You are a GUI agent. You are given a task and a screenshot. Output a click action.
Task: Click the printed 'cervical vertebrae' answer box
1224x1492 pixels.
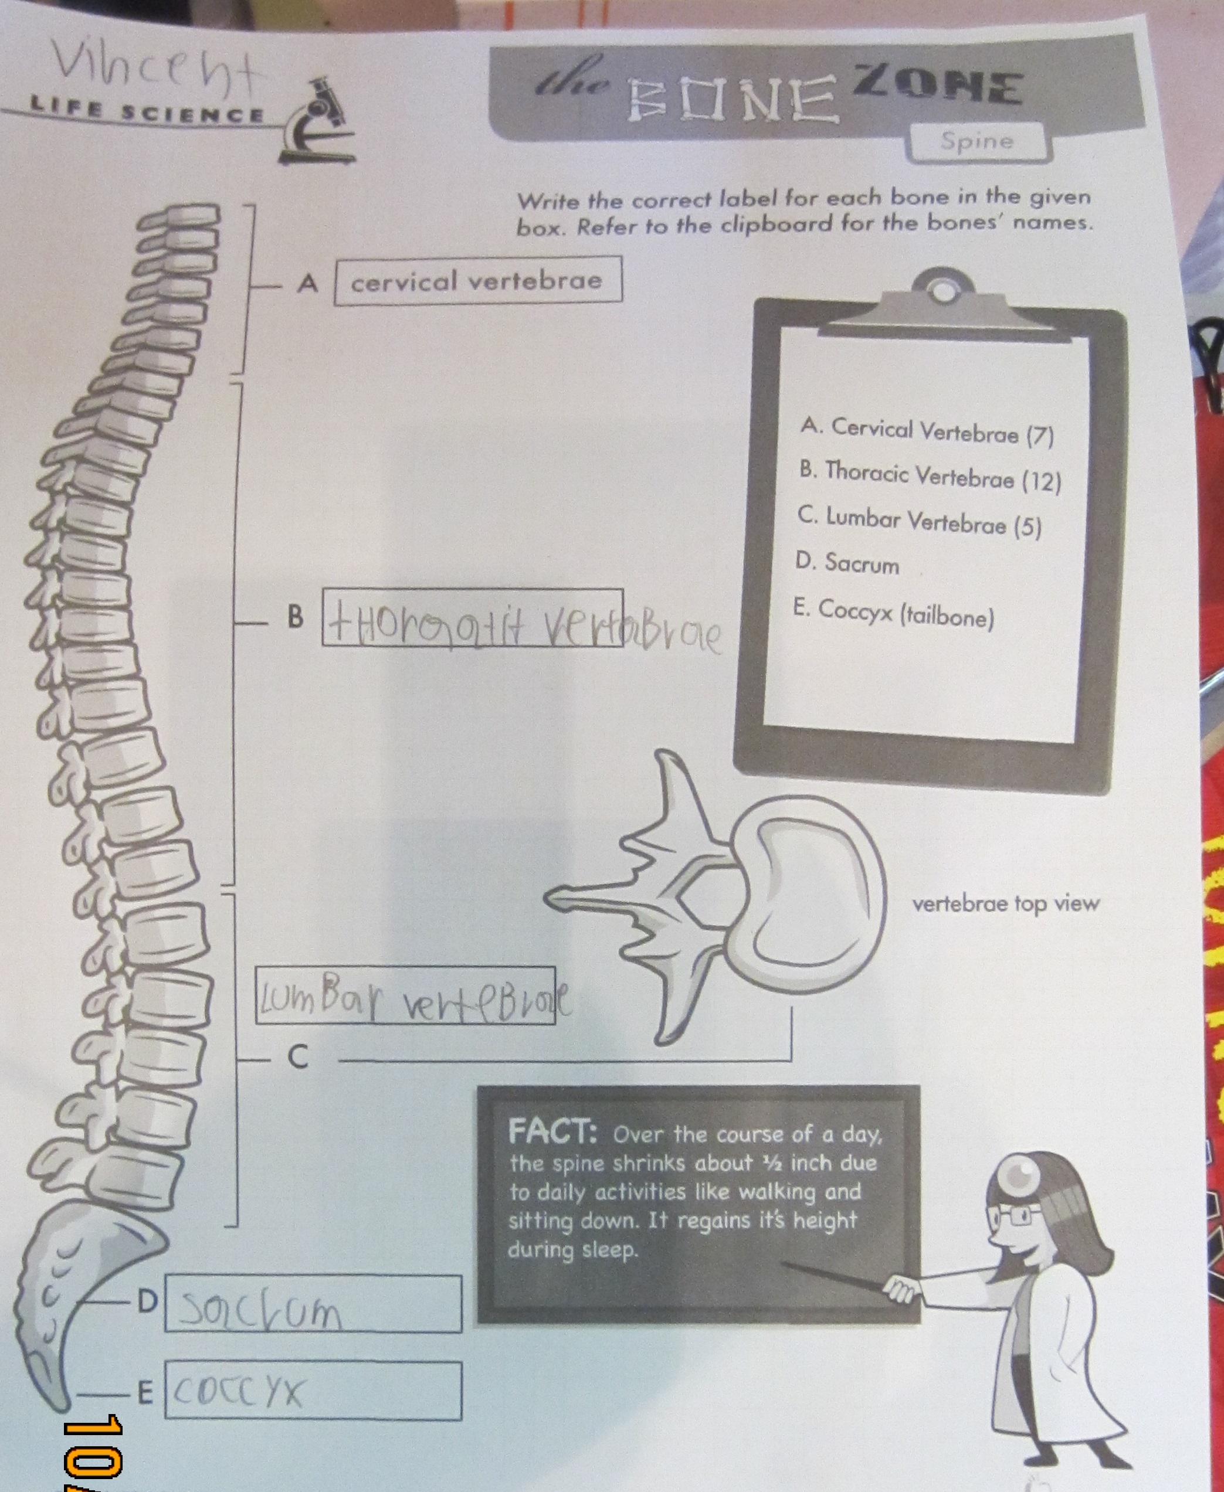point(477,281)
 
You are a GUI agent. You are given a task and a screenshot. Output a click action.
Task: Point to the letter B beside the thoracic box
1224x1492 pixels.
point(296,617)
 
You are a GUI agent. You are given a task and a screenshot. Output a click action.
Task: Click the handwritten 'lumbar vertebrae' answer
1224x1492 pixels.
point(412,997)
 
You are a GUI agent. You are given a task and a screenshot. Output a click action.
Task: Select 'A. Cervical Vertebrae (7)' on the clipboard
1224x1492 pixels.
point(927,432)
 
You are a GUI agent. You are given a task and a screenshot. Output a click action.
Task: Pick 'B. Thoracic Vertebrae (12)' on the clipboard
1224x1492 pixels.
point(929,477)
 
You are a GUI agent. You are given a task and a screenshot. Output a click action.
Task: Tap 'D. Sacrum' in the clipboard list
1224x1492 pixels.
point(847,564)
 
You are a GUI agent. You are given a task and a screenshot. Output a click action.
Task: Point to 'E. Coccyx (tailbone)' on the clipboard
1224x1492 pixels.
point(893,614)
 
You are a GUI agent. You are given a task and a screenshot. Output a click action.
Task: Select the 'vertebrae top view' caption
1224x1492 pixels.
point(1005,904)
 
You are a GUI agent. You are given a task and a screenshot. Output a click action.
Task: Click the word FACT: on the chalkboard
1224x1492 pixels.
point(552,1133)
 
